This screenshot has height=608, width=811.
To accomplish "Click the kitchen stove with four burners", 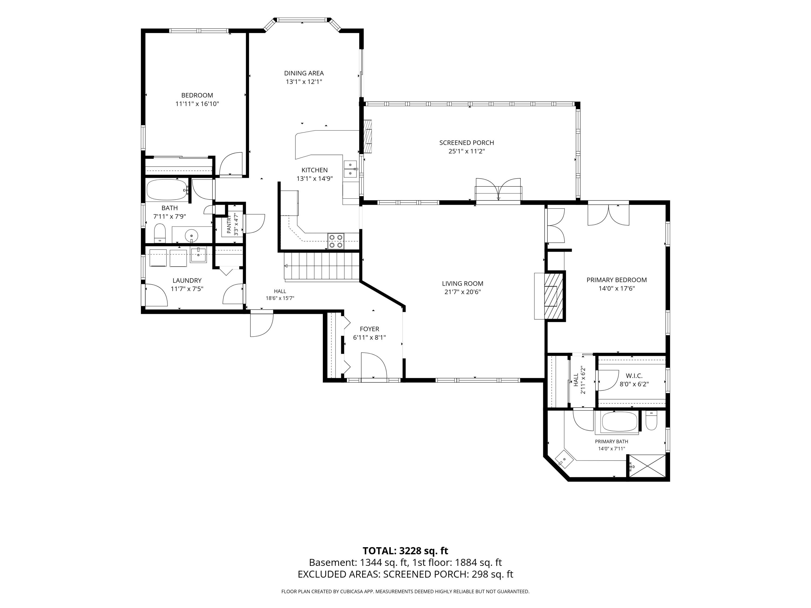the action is point(336,241).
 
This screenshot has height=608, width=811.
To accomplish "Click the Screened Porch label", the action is point(467,143).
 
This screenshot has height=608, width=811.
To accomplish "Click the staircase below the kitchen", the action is point(321,266).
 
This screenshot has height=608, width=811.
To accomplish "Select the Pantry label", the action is point(229,224).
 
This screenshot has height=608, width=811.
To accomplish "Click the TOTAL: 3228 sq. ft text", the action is point(405,551).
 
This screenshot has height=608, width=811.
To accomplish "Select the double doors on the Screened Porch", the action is point(498,189).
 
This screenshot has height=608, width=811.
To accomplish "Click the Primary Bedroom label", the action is point(617,280).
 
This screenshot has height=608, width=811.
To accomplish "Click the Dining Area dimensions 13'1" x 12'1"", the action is point(304,82).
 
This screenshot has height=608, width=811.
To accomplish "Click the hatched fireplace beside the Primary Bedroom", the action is point(553,296).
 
